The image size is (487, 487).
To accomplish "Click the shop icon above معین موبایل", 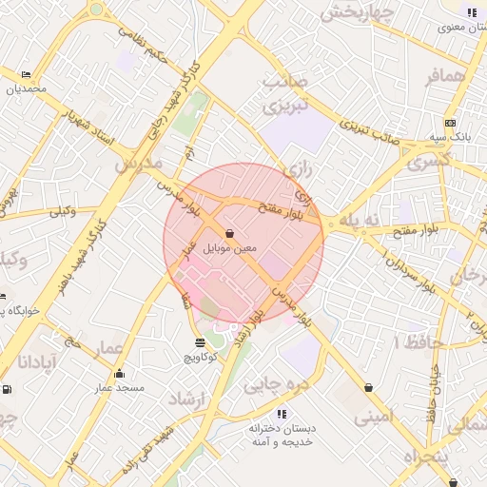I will tap(229, 233).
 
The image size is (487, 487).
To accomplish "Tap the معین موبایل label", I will tap(228, 248).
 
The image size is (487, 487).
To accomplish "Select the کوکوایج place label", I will tap(200, 357).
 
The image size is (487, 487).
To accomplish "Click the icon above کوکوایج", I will tap(199, 342).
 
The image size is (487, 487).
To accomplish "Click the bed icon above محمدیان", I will tap(26, 74).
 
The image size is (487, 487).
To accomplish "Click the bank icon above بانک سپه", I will tap(449, 123).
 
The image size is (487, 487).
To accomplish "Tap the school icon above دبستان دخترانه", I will tap(282, 414).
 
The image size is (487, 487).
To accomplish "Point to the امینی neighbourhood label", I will tap(374, 417).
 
